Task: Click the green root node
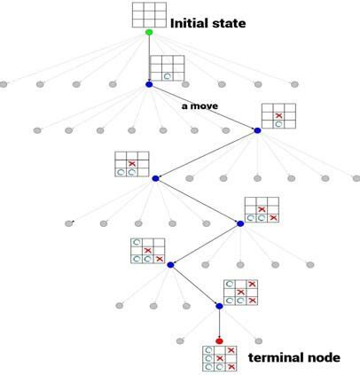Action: [149, 33]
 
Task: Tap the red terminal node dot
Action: [219, 340]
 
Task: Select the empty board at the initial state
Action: [149, 14]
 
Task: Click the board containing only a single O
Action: [166, 68]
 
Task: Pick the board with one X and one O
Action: [278, 115]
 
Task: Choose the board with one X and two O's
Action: [131, 164]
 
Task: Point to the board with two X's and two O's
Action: [262, 208]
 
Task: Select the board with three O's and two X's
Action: [147, 251]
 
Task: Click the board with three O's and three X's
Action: [239, 292]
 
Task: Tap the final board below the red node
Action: [220, 358]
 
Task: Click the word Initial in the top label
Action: [189, 23]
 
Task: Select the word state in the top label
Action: [228, 23]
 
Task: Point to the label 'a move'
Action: [200, 105]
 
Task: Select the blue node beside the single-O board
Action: [149, 84]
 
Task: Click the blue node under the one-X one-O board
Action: [257, 131]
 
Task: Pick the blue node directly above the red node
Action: [219, 307]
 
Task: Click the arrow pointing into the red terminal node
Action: [219, 326]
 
